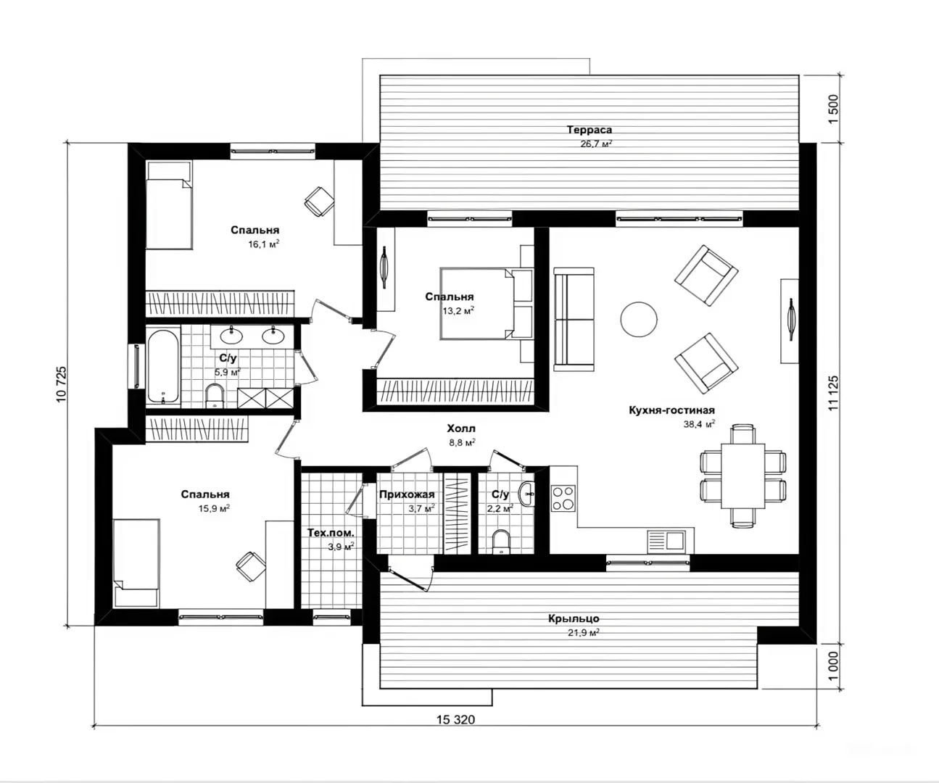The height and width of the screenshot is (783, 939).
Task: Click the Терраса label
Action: [x=589, y=130]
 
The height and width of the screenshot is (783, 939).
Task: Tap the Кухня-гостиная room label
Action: [x=671, y=410]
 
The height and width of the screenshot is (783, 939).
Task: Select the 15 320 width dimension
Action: [x=455, y=720]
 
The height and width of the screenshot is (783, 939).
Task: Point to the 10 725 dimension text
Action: [x=62, y=384]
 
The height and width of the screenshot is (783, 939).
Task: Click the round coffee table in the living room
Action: [x=639, y=319]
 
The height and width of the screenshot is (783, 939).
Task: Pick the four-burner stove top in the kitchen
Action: [x=563, y=498]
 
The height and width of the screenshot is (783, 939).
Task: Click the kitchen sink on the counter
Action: [x=666, y=541]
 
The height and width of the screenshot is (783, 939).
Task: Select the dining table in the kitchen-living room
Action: [x=743, y=476]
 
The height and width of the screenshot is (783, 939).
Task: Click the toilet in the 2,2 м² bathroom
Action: [x=501, y=542]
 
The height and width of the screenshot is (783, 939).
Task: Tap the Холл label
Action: [x=461, y=428]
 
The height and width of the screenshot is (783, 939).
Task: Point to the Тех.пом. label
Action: [x=331, y=533]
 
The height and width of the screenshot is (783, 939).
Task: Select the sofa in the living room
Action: [x=574, y=319]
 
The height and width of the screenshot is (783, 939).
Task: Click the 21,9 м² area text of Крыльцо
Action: [x=583, y=633]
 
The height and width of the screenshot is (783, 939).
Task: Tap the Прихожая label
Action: [x=407, y=494]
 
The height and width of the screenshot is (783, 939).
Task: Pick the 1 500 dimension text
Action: [x=833, y=109]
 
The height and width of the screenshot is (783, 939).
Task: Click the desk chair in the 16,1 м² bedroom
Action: [x=319, y=202]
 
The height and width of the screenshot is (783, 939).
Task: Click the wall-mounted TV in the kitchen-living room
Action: [x=790, y=320]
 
